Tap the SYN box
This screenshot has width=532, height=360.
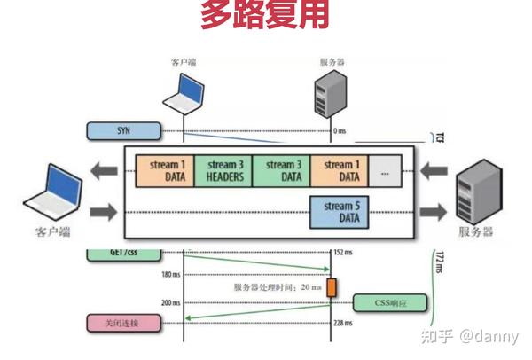(x=124, y=131)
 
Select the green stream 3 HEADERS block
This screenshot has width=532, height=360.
(x=223, y=169)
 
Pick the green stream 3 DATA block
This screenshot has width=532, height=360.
(x=282, y=169)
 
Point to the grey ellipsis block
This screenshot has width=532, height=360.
(x=384, y=169)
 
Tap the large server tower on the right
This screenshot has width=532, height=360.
(x=475, y=197)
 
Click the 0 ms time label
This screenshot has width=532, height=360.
(x=340, y=131)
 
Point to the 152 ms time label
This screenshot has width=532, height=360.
(x=342, y=252)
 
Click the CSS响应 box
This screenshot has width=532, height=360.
(x=390, y=302)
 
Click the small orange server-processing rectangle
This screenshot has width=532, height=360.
(x=332, y=288)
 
